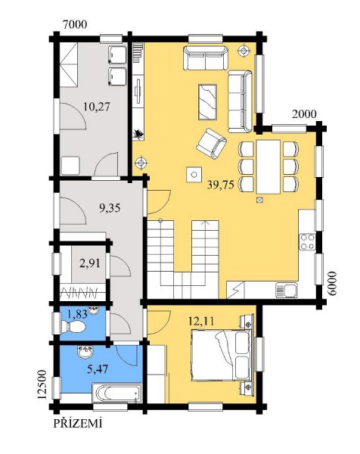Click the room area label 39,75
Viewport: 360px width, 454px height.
coord(220,185)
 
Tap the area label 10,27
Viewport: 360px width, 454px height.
coord(97,107)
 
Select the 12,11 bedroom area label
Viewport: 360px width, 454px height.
coord(201,321)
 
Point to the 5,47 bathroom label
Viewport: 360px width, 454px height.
coord(98,369)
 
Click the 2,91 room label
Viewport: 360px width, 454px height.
coord(90,263)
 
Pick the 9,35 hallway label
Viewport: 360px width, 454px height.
coord(110,208)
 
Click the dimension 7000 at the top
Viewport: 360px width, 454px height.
coord(75,25)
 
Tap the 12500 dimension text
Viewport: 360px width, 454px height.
coord(42,384)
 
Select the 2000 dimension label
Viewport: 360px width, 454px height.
coord(304,114)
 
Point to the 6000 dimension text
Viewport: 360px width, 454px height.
coord(333,284)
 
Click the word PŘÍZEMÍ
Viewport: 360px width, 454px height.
coord(78,424)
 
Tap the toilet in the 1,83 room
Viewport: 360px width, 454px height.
coord(73,327)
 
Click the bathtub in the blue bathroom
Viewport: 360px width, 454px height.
coord(117,393)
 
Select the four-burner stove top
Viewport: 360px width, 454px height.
coord(307,242)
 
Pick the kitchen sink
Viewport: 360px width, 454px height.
coord(286,290)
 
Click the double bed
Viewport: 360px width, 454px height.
coord(222,355)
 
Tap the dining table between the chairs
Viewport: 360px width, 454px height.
coord(268,166)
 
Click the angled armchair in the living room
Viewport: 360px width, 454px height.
coord(211,144)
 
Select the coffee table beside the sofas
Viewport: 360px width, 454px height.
coord(207,102)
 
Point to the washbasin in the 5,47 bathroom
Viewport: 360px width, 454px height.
coord(85,352)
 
